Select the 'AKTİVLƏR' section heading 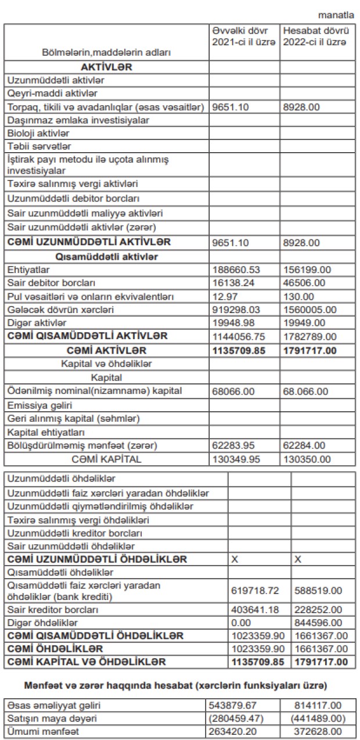click(107, 67)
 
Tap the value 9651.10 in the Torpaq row click(228, 107)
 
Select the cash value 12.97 click(224, 297)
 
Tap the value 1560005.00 click(308, 310)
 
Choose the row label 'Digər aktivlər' click(37, 322)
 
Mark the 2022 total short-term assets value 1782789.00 click(308, 336)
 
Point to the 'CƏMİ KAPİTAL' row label click(106, 459)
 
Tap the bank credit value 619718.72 click(255, 590)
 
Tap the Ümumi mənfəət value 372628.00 click(317, 731)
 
